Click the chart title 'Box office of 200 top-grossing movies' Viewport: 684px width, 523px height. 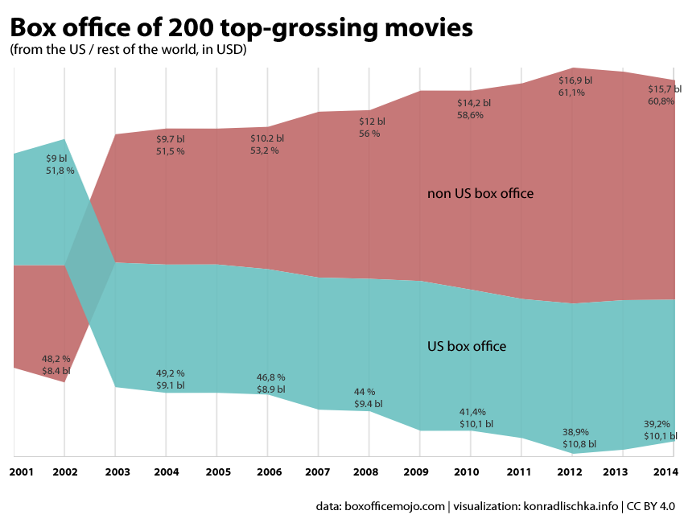241,29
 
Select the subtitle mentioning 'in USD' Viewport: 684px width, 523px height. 128,51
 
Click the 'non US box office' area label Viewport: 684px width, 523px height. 480,193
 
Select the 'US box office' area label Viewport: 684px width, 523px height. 466,346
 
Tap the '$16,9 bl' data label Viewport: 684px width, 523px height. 575,80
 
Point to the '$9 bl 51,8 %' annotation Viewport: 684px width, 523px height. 60,165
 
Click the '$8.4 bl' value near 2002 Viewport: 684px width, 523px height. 56,371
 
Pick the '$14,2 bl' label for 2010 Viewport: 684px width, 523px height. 473,103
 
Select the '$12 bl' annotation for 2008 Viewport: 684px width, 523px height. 372,121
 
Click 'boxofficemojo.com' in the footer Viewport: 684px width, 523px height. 394,506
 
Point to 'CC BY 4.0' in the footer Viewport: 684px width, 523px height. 649,506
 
